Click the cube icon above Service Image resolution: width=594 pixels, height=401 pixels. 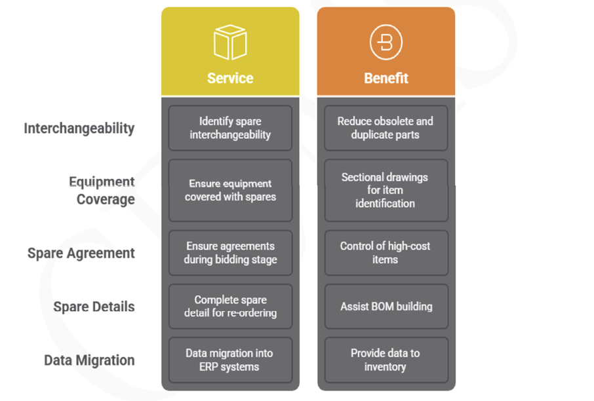pos(230,43)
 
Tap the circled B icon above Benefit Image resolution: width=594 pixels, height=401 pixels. pos(386,43)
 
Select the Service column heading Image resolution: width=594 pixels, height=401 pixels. pos(230,78)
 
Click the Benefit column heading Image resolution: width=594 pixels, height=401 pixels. pos(386,78)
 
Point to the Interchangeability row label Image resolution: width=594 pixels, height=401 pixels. pos(79,128)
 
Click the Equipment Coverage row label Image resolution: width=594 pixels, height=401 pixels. pos(102,190)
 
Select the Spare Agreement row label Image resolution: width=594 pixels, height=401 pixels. pos(81,253)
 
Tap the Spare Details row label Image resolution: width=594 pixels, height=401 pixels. pos(94,307)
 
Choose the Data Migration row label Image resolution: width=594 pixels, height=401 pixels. pos(89,360)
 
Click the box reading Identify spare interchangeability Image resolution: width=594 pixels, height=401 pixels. pos(230,128)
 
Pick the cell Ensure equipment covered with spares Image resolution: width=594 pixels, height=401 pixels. pos(230,190)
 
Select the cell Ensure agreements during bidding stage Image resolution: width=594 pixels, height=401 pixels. pos(230,253)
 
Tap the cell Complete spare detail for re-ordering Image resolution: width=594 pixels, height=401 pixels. pos(230,306)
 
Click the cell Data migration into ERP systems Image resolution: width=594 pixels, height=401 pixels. pos(230,360)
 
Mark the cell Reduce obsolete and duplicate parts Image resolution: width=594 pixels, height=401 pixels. pos(386,128)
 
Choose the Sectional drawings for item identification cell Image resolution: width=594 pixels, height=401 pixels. pos(386,190)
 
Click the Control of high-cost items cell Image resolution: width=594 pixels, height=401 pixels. pos(386,253)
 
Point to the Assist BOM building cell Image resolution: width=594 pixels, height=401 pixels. pos(386,306)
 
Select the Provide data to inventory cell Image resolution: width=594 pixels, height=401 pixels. pos(386,360)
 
